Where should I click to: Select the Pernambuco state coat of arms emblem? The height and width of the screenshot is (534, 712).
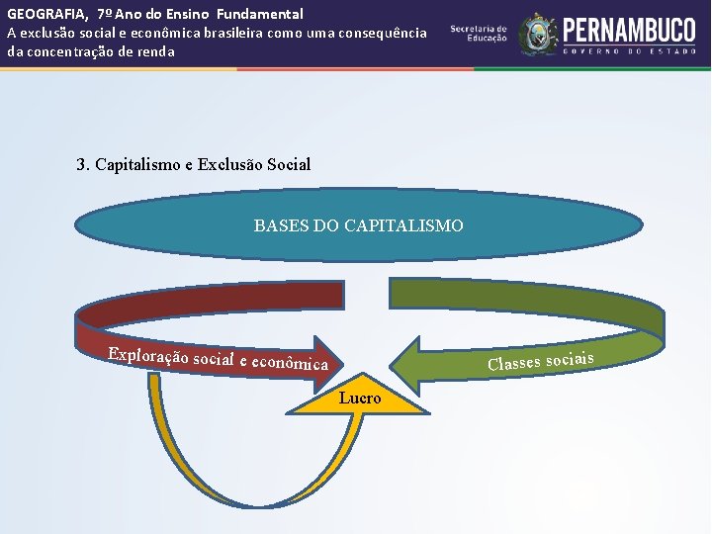[x=538, y=34]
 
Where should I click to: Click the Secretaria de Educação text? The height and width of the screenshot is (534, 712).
[x=479, y=33]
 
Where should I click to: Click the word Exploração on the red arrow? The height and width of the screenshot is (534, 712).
[x=148, y=354]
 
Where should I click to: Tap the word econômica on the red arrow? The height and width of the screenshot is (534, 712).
[x=290, y=364]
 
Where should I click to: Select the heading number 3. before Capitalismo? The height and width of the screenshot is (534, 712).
[x=83, y=164]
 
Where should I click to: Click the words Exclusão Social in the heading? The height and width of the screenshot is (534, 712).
[x=254, y=164]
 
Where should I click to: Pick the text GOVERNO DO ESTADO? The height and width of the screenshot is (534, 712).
[x=628, y=49]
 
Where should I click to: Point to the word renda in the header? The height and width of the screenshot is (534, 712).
[x=154, y=51]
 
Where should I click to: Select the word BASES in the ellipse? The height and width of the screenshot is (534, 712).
[x=281, y=225]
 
